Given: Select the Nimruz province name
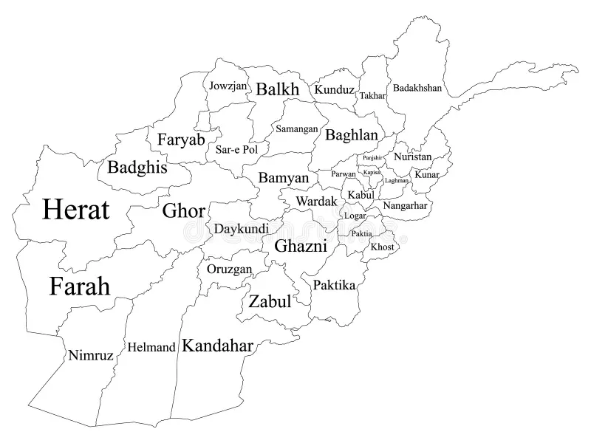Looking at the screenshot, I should (91, 355).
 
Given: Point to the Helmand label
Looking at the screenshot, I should (151, 346).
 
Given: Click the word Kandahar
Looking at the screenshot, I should (218, 345).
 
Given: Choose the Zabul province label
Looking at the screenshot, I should (269, 301).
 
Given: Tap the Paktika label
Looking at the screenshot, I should (334, 284).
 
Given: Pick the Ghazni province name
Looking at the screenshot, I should (301, 246).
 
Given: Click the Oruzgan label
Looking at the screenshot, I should (229, 269).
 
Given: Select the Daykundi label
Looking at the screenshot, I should (242, 228).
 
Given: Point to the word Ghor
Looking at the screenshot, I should (184, 210).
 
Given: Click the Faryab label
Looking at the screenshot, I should (181, 139).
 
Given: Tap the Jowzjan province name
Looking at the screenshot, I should (228, 86).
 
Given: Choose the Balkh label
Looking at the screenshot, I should (278, 89).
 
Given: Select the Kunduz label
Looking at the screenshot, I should (334, 89).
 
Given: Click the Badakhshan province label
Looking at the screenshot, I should (417, 88).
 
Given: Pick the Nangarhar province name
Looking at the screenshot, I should (405, 205).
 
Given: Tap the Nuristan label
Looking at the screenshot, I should (412, 157).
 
